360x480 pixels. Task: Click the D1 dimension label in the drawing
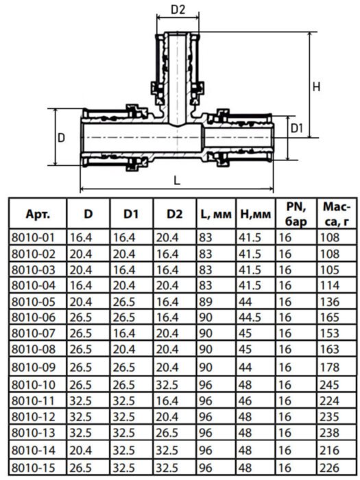(296, 128)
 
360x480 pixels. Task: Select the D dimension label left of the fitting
(61, 137)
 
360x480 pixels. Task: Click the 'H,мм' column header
(254, 214)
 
